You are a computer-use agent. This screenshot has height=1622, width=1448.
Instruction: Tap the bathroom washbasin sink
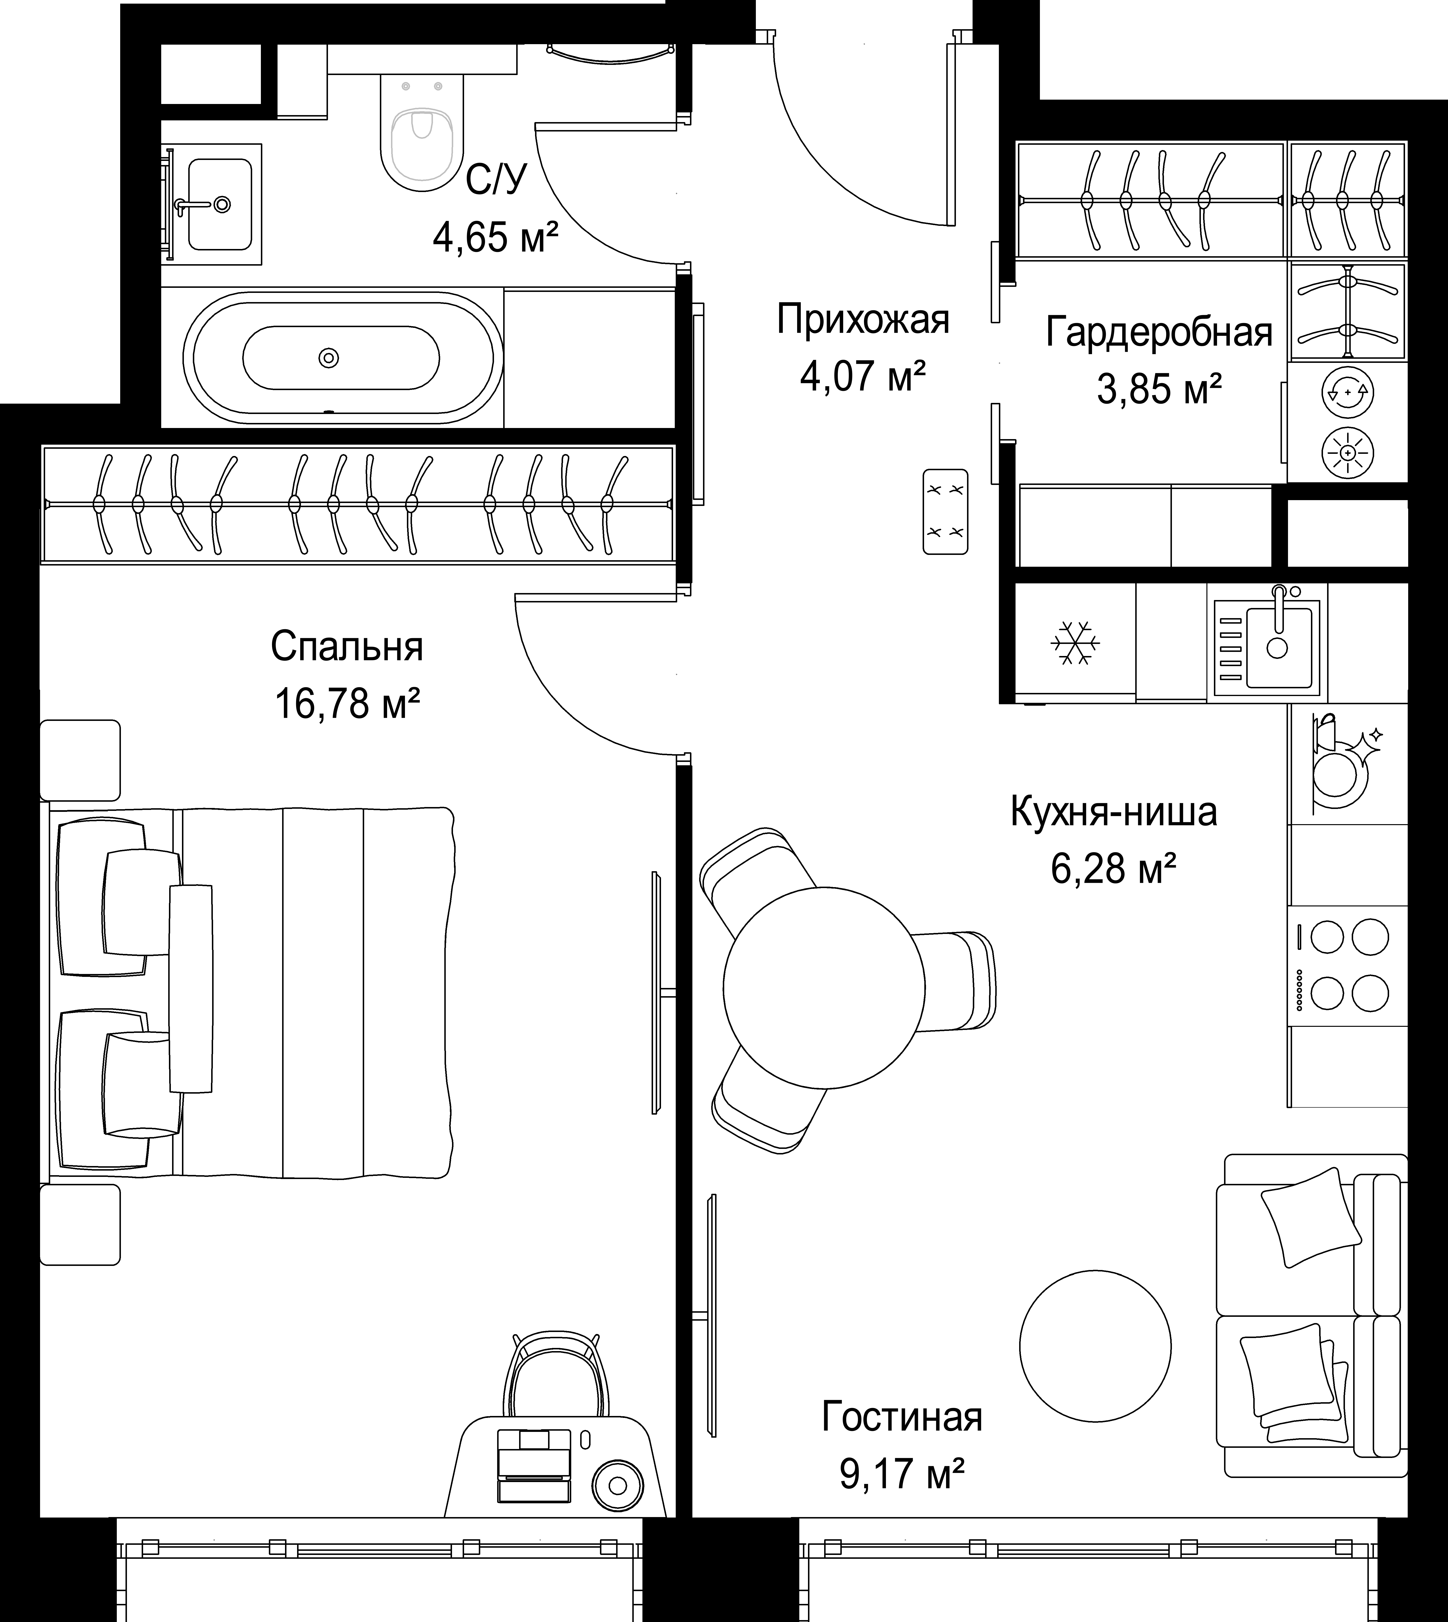tap(220, 204)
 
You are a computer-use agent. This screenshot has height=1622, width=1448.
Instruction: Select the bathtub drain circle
tap(329, 358)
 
